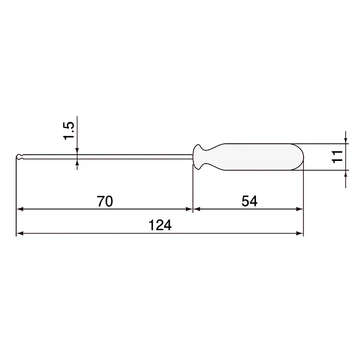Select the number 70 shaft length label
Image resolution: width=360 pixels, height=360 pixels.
pyautogui.click(x=105, y=201)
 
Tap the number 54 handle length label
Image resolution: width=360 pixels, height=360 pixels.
pyautogui.click(x=249, y=201)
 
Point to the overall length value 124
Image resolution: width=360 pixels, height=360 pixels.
pyautogui.click(x=160, y=225)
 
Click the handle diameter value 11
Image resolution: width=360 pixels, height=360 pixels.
pyautogui.click(x=337, y=156)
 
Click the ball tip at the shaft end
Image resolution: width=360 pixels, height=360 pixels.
pyautogui.click(x=19, y=157)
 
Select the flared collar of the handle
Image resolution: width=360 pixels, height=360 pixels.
pyautogui.click(x=199, y=156)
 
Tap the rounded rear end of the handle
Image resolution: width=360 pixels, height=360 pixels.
pyautogui.click(x=299, y=156)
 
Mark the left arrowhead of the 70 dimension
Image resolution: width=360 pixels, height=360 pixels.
pyautogui.click(x=20, y=209)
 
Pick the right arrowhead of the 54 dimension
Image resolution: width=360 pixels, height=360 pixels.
pyautogui.click(x=300, y=209)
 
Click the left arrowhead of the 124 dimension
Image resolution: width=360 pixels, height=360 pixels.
pyautogui.click(x=20, y=233)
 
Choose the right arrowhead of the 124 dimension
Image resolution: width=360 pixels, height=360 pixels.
pyautogui.click(x=300, y=233)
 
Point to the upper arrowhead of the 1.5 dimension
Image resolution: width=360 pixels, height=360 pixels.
pyautogui.click(x=77, y=152)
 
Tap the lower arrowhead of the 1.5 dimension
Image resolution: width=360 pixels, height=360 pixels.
pyautogui.click(x=77, y=162)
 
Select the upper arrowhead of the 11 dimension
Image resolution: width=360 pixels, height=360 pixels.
pyautogui.click(x=346, y=140)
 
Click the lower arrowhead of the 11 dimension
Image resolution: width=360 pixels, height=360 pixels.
pyautogui.click(x=346, y=173)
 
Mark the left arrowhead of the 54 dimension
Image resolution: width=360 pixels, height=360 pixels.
pyautogui.click(x=197, y=209)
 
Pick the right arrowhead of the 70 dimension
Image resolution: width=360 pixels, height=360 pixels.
pyautogui.click(x=190, y=209)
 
